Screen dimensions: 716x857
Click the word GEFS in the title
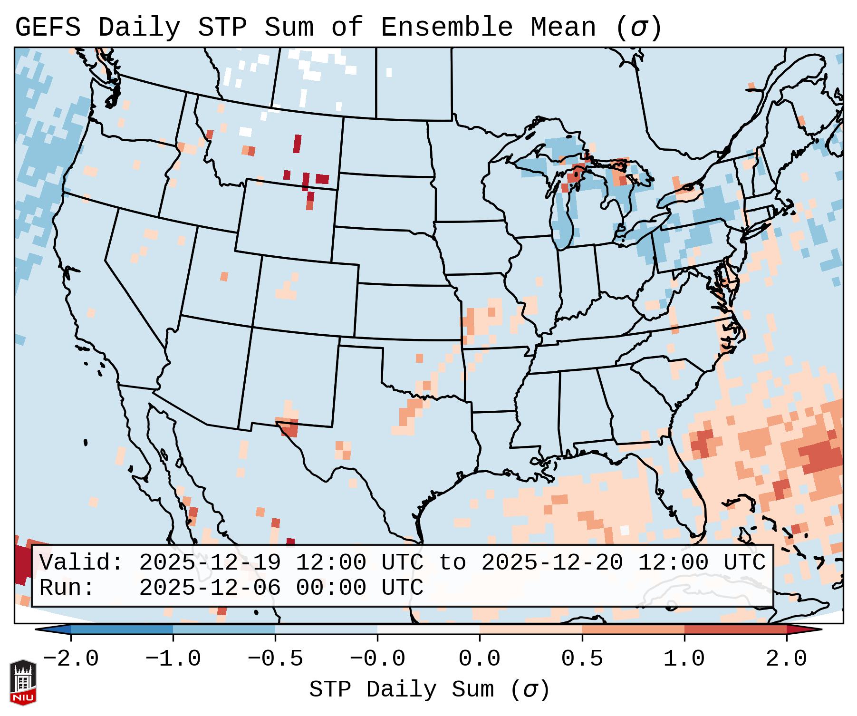point(48,28)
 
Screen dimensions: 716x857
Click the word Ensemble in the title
point(447,28)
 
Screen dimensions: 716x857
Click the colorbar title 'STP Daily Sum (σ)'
point(429,690)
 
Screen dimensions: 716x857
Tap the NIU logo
point(23,682)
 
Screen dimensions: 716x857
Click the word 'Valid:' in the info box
point(81,562)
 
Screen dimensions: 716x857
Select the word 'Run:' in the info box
point(67,588)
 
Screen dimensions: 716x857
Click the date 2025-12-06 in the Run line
point(210,588)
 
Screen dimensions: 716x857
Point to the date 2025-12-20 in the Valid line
point(552,562)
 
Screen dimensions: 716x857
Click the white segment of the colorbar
point(428,629)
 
